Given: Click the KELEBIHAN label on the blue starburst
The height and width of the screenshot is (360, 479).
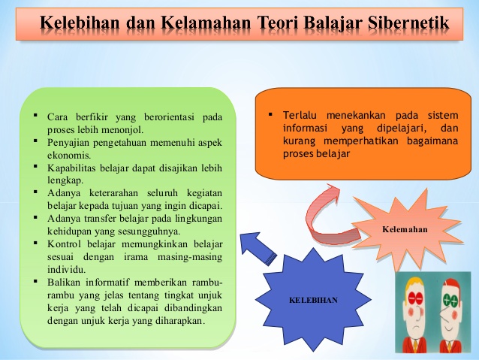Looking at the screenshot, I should point(313,300).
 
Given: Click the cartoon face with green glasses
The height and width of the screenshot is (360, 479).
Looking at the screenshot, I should point(451,305).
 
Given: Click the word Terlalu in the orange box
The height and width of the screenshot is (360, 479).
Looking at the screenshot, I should point(300,116).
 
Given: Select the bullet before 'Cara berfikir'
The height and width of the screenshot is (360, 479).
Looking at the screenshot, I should point(35,116).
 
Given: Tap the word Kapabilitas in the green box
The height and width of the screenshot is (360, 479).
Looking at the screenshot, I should point(74,167).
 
